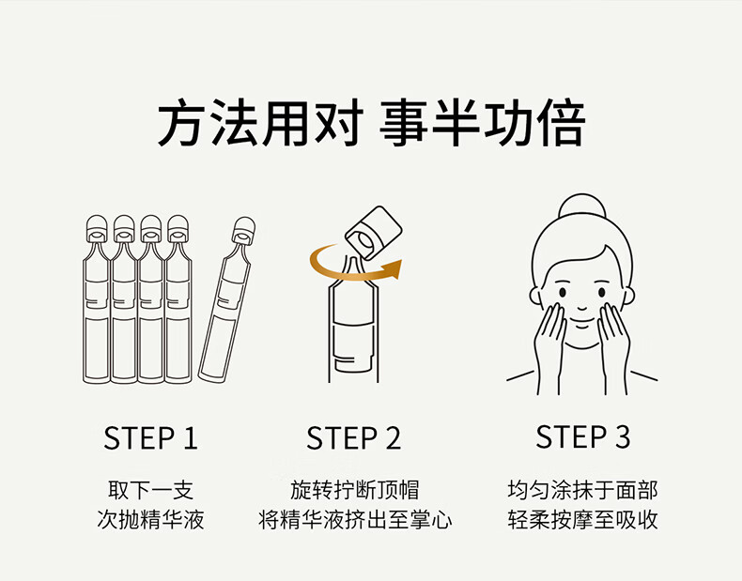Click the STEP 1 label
point(150,437)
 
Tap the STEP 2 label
point(353,437)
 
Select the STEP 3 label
point(582,436)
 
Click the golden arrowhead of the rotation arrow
point(393,269)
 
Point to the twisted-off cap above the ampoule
point(374,232)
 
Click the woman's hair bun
point(582,206)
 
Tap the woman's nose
point(582,307)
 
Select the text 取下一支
point(150,490)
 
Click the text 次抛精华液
point(150,520)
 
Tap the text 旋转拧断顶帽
point(354,490)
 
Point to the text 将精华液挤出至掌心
point(355,520)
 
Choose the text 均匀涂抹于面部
point(582,490)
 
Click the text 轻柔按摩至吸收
point(582,520)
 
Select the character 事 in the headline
point(404,122)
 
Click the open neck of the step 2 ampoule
point(351,268)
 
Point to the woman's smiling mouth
point(582,321)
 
